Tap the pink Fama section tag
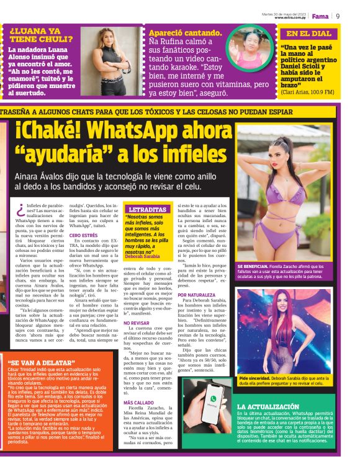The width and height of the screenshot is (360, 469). pyautogui.click(x=320, y=16)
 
